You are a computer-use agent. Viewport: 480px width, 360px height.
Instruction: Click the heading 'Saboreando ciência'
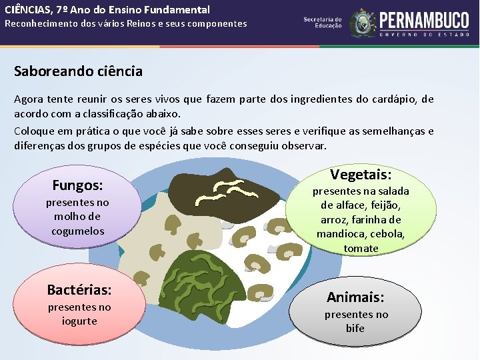(x=79, y=71)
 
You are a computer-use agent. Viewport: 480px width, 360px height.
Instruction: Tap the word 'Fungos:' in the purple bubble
(x=77, y=185)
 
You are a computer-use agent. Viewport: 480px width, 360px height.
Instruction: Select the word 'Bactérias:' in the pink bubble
(x=79, y=289)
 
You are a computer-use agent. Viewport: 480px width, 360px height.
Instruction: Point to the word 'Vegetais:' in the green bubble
(x=361, y=175)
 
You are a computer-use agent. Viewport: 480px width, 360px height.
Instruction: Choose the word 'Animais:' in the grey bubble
(x=355, y=297)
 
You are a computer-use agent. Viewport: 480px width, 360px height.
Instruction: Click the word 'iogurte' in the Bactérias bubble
(x=79, y=321)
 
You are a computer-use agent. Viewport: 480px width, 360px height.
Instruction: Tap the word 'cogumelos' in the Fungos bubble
(x=78, y=231)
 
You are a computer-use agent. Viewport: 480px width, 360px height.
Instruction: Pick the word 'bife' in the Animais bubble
(x=355, y=328)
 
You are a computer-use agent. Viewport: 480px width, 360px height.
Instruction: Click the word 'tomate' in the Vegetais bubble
(x=361, y=249)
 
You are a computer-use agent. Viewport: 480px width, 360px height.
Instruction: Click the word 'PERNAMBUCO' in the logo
(x=424, y=20)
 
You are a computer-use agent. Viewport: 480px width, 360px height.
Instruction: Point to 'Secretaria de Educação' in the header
(x=323, y=22)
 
